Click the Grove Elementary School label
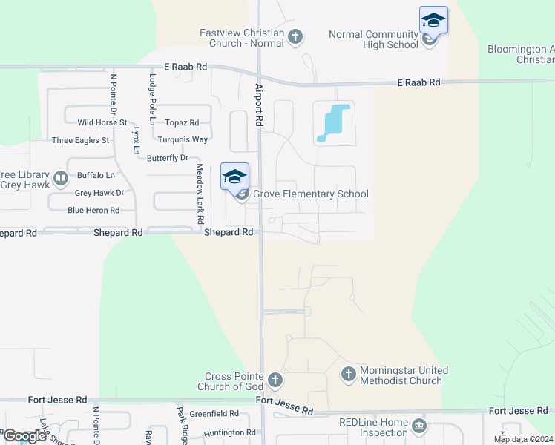311,194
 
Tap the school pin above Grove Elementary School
234,177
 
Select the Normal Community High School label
373,39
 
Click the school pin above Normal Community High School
433,20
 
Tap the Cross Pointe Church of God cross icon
275,381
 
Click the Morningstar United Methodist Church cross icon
349,375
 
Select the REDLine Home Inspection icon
419,426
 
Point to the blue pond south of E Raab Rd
334,122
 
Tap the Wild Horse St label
102,122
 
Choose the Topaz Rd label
182,123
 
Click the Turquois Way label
183,139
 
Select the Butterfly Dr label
167,158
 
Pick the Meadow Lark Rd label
200,195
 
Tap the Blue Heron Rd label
93,211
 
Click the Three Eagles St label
80,140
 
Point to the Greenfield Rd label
214,414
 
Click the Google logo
24,435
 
